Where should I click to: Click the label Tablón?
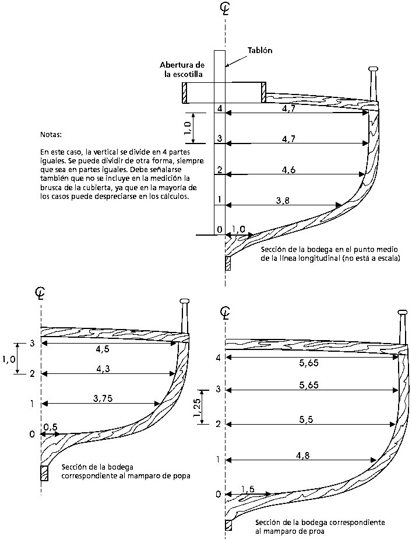(x=259, y=50)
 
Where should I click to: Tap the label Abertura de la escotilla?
(x=182, y=69)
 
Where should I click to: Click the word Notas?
(x=51, y=134)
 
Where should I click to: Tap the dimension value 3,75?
(x=103, y=399)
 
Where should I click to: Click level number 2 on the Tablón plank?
(x=220, y=170)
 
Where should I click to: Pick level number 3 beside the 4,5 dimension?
(x=32, y=344)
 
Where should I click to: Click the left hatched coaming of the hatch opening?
(x=185, y=93)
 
